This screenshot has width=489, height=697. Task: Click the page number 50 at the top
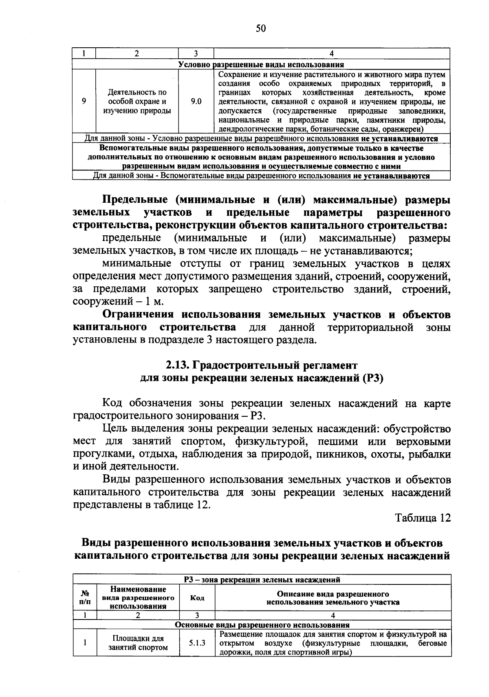pos(261,28)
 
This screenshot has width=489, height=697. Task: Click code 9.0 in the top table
pos(196,102)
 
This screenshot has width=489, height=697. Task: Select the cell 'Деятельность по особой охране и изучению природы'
pos(137,102)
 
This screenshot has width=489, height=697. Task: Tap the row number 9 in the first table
pos(84,102)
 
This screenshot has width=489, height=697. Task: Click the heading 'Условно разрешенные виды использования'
pos(261,64)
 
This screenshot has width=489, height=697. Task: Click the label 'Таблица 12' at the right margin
pos(423,518)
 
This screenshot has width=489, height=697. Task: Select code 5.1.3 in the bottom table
pos(197,643)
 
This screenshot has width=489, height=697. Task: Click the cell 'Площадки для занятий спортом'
pos(138,643)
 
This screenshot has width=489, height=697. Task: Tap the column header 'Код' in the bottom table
pos(197,598)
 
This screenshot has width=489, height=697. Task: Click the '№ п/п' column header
pos(85,598)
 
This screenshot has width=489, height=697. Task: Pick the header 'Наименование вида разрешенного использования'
pos(138,598)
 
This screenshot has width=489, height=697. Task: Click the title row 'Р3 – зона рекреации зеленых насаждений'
pos(262,580)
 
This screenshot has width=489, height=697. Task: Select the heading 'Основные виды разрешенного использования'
pos(262,625)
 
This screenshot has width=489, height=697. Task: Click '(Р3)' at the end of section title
pos(372,378)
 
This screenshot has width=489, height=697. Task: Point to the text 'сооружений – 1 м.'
pos(118,302)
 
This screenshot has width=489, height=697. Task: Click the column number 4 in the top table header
pos(332,53)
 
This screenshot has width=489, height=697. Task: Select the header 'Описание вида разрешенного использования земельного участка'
pos(333,598)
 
